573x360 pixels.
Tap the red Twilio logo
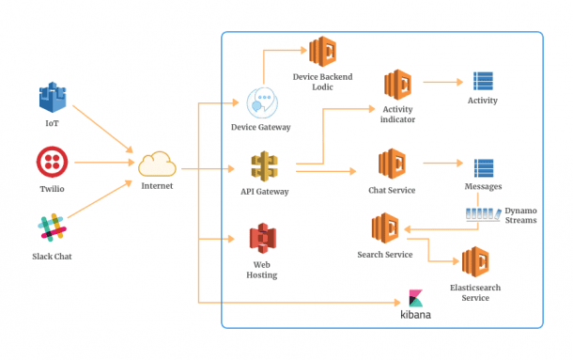tap(52, 162)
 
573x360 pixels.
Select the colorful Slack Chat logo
tap(52, 229)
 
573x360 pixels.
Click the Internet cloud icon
tap(157, 165)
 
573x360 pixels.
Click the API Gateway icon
tap(264, 166)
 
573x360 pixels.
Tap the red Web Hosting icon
tap(264, 241)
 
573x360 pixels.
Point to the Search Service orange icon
tap(385, 228)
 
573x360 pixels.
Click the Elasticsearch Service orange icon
tap(476, 263)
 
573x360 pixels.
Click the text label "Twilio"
tap(52, 188)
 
